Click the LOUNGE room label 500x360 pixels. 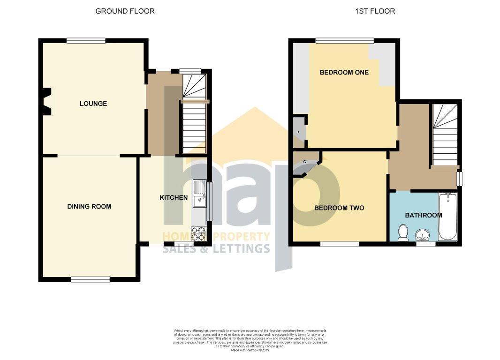93,104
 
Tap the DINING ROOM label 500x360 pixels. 89,206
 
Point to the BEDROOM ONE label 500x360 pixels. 344,72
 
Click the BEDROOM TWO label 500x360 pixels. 339,208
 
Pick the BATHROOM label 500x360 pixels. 423,215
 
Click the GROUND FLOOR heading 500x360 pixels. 125,11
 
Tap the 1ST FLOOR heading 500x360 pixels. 374,11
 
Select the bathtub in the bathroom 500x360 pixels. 447,217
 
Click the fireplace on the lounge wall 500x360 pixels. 47,101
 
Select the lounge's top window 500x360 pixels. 86,41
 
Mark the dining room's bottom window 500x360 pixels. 91,279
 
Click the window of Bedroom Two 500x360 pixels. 340,243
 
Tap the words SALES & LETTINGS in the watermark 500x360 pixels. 216,248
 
